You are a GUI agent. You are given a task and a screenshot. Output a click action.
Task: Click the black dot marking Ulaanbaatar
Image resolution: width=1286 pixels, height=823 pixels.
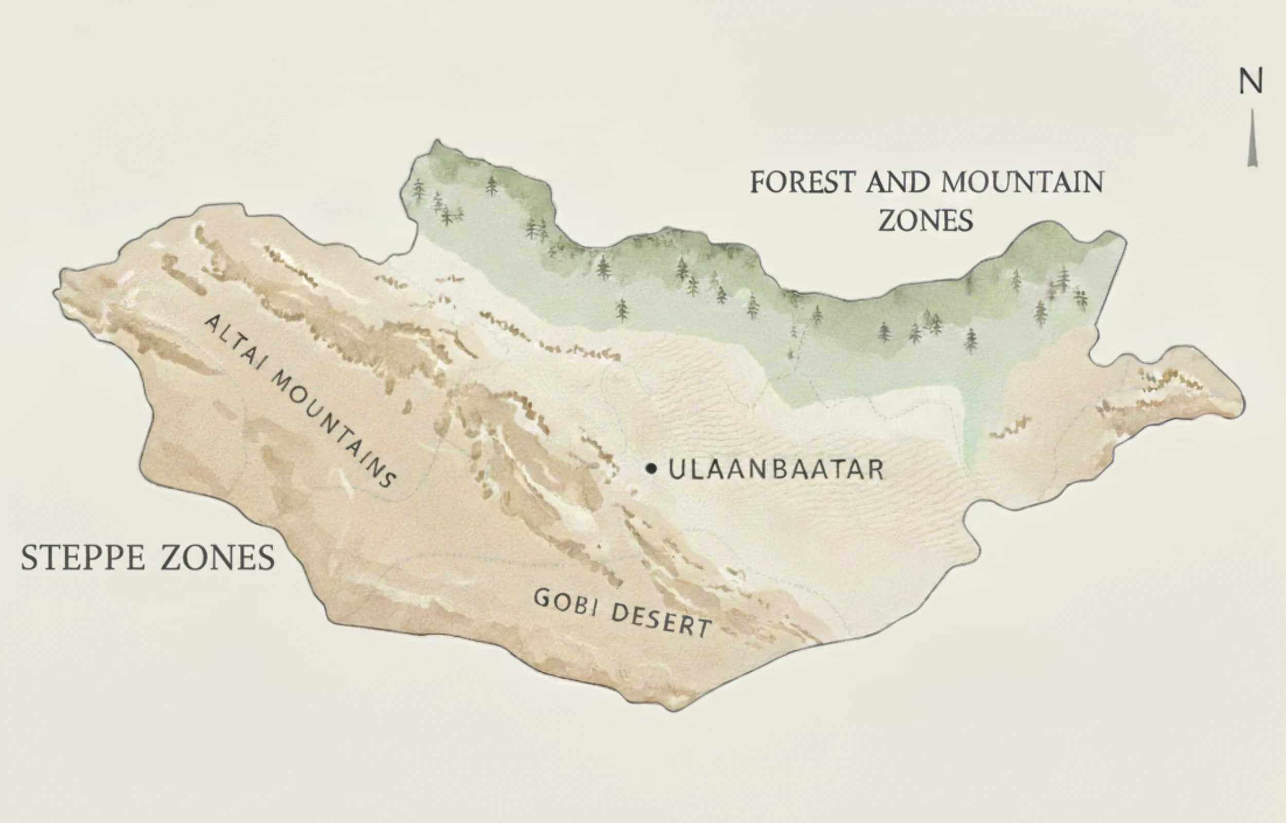click(x=650, y=469)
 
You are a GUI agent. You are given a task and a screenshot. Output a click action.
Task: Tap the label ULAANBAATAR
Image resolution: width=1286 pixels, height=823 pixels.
click(x=776, y=470)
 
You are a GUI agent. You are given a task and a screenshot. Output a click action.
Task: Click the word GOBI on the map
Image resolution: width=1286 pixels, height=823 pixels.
click(x=565, y=602)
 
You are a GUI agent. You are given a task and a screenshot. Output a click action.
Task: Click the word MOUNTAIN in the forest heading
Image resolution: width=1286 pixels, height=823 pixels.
click(x=1022, y=182)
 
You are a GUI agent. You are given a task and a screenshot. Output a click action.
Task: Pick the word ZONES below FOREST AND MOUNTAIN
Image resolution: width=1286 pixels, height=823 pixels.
click(x=926, y=221)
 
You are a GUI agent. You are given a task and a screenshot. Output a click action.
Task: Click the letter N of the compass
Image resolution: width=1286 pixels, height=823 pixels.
click(x=1251, y=82)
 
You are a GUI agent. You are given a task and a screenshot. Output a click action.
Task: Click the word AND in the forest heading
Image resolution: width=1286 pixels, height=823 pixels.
click(x=898, y=182)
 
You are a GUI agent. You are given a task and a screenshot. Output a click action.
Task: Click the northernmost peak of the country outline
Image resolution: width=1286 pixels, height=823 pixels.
click(x=437, y=141)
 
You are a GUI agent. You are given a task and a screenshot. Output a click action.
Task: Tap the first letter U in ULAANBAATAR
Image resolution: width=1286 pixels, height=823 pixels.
click(x=676, y=470)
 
